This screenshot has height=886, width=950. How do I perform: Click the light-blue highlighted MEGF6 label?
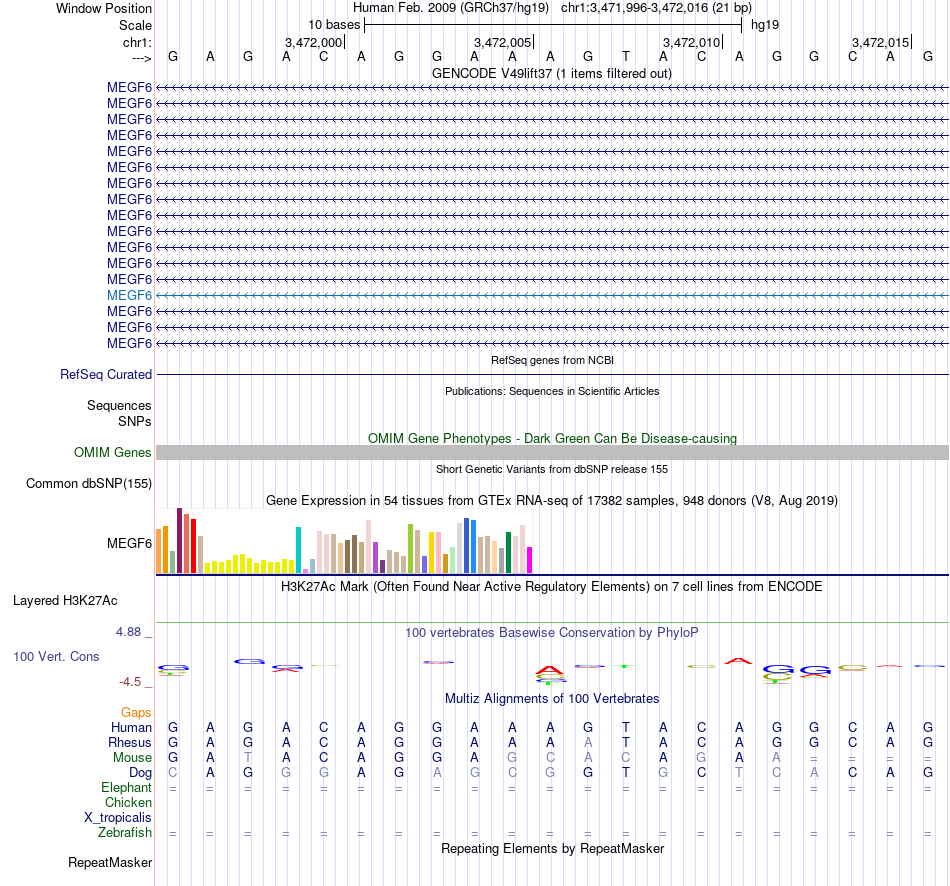click(x=129, y=295)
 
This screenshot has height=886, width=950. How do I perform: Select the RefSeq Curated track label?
click(x=106, y=374)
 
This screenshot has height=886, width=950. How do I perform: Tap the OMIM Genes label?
click(x=113, y=453)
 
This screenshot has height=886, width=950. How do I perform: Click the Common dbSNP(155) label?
click(x=88, y=484)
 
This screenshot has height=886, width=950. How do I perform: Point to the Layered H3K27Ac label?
click(x=65, y=601)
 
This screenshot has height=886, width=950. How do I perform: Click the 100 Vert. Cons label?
click(x=56, y=657)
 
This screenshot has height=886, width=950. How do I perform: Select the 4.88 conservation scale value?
click(x=130, y=632)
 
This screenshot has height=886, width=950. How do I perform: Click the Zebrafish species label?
click(x=125, y=832)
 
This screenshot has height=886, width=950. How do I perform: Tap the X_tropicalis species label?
click(x=118, y=817)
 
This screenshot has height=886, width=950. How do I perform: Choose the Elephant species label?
click(x=126, y=787)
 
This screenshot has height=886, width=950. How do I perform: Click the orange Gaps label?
click(x=136, y=712)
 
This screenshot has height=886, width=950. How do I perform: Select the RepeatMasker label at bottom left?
click(x=110, y=862)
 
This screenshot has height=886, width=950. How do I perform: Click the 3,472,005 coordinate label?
click(x=502, y=42)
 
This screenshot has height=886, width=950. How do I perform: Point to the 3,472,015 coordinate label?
click(x=880, y=42)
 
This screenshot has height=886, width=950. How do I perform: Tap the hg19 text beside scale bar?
click(x=765, y=24)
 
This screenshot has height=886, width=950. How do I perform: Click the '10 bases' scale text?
click(x=333, y=24)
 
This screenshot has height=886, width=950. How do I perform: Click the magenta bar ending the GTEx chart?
click(x=530, y=560)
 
